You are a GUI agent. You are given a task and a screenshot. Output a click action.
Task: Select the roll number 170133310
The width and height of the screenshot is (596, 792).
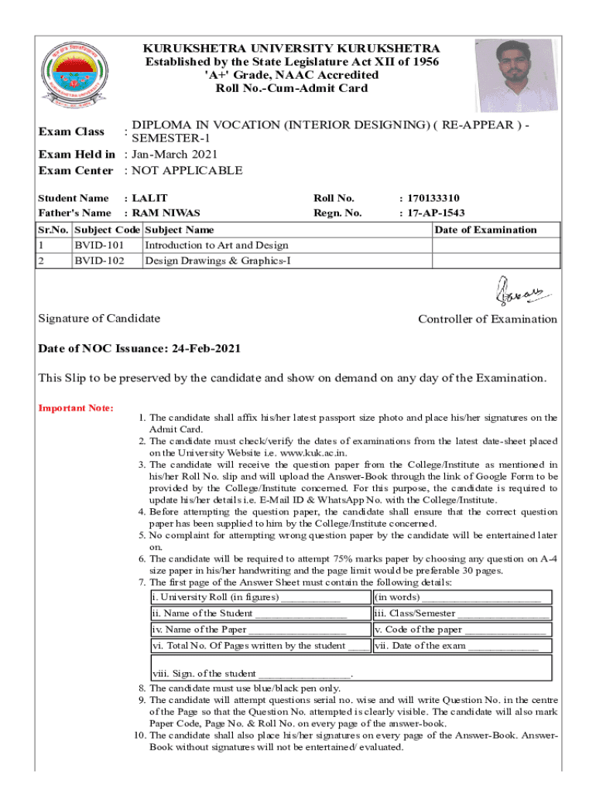pos(433,198)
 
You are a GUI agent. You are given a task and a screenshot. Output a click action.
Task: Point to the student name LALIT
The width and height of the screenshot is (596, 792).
pos(150,198)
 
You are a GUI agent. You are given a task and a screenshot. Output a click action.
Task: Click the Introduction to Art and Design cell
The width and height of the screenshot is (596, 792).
pos(217,245)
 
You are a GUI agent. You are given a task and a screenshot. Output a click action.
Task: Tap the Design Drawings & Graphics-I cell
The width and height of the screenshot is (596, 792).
pos(218,261)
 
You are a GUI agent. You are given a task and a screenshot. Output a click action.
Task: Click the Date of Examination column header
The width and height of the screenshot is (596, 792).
pos(485,230)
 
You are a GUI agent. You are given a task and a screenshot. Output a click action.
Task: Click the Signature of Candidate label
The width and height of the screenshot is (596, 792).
pos(100,319)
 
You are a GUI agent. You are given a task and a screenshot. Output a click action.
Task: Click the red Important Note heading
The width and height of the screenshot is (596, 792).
pos(77,408)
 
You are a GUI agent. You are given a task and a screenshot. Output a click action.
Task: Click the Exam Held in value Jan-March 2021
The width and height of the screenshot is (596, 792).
pos(175,155)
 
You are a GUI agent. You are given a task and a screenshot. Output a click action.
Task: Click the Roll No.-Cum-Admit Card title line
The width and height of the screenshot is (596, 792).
pos(292,88)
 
